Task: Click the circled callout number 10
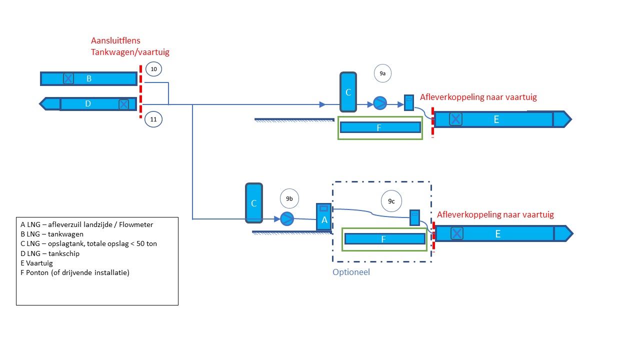pyautogui.click(x=154, y=68)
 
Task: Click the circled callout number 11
pyautogui.click(x=153, y=119)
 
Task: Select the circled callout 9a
pyautogui.click(x=382, y=73)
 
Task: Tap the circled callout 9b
pyautogui.click(x=289, y=198)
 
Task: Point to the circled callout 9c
pyautogui.click(x=391, y=201)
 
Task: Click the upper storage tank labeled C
pyautogui.click(x=348, y=92)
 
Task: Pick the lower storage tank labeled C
pyautogui.click(x=253, y=203)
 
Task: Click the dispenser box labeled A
pyautogui.click(x=324, y=217)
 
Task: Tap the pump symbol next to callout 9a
pyautogui.click(x=380, y=104)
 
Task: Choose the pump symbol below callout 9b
pyautogui.click(x=287, y=219)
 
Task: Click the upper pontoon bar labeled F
pyautogui.click(x=380, y=127)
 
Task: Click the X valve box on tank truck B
pyautogui.click(x=68, y=78)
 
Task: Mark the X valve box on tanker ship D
pyautogui.click(x=123, y=104)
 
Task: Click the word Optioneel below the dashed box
pyautogui.click(x=351, y=272)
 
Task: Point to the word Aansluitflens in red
pyautogui.click(x=115, y=40)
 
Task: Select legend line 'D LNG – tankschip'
pyautogui.click(x=46, y=253)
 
